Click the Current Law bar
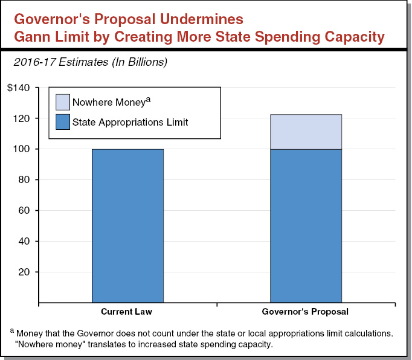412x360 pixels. [127, 225]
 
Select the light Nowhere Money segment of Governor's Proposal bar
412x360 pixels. [306, 132]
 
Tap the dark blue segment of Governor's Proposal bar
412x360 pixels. [306, 225]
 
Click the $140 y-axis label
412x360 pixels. [18, 88]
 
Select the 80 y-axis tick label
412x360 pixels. [25, 180]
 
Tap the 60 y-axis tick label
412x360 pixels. [25, 210]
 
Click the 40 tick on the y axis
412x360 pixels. [25, 241]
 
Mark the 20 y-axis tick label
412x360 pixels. [25, 272]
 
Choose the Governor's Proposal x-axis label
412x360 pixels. [306, 312]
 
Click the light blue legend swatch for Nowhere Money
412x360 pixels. [63, 102]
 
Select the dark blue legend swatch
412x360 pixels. [63, 122]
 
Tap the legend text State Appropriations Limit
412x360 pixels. [130, 122]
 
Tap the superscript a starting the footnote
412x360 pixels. [12, 330]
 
